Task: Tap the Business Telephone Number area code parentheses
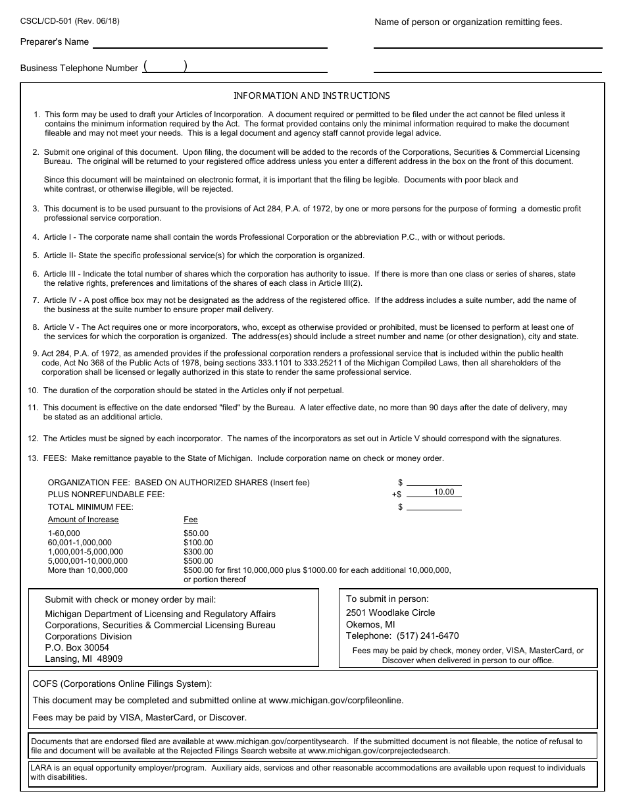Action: pyautogui.click(x=165, y=66)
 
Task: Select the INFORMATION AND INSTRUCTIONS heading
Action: pyautogui.click(x=312, y=95)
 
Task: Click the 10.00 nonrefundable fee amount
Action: pyautogui.click(x=444, y=492)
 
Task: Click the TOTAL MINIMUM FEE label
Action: pyautogui.click(x=91, y=507)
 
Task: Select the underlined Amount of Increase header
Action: pyautogui.click(x=84, y=520)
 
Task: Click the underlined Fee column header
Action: pyautogui.click(x=191, y=520)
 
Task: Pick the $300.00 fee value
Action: pyautogui.click(x=198, y=552)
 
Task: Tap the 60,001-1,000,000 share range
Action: pyautogui.click(x=80, y=543)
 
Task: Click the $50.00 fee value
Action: pyautogui.click(x=196, y=533)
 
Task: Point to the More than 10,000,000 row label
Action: pyautogui.click(x=87, y=570)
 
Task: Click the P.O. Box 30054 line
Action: pyautogui.click(x=77, y=647)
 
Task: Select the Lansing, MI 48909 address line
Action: pyautogui.click(x=84, y=659)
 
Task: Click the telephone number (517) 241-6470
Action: pyautogui.click(x=428, y=636)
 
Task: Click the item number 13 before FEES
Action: pyautogui.click(x=33, y=458)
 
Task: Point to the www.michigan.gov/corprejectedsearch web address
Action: pyautogui.click(x=378, y=750)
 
